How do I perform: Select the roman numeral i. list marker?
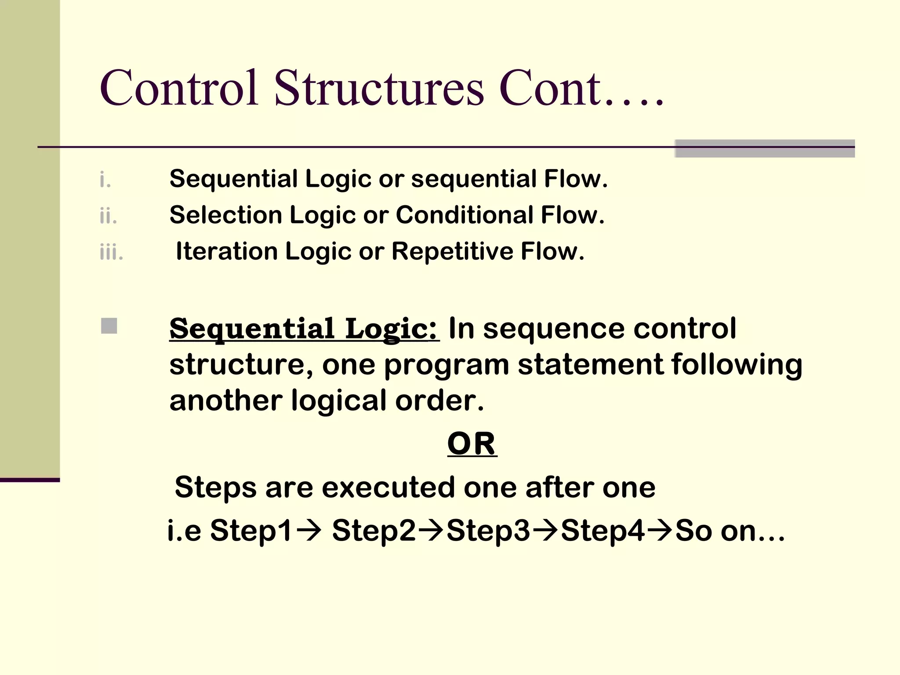tap(105, 180)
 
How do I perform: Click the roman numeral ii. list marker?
tap(108, 216)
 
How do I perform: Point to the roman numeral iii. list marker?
tap(111, 252)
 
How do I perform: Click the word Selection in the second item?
tap(226, 215)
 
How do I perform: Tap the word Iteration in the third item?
tap(227, 251)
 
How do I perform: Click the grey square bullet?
tap(109, 326)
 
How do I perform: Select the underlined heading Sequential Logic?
tap(304, 329)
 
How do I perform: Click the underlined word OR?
tap(472, 444)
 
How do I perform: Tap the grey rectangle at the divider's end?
tap(765, 149)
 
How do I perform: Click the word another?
tap(226, 401)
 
